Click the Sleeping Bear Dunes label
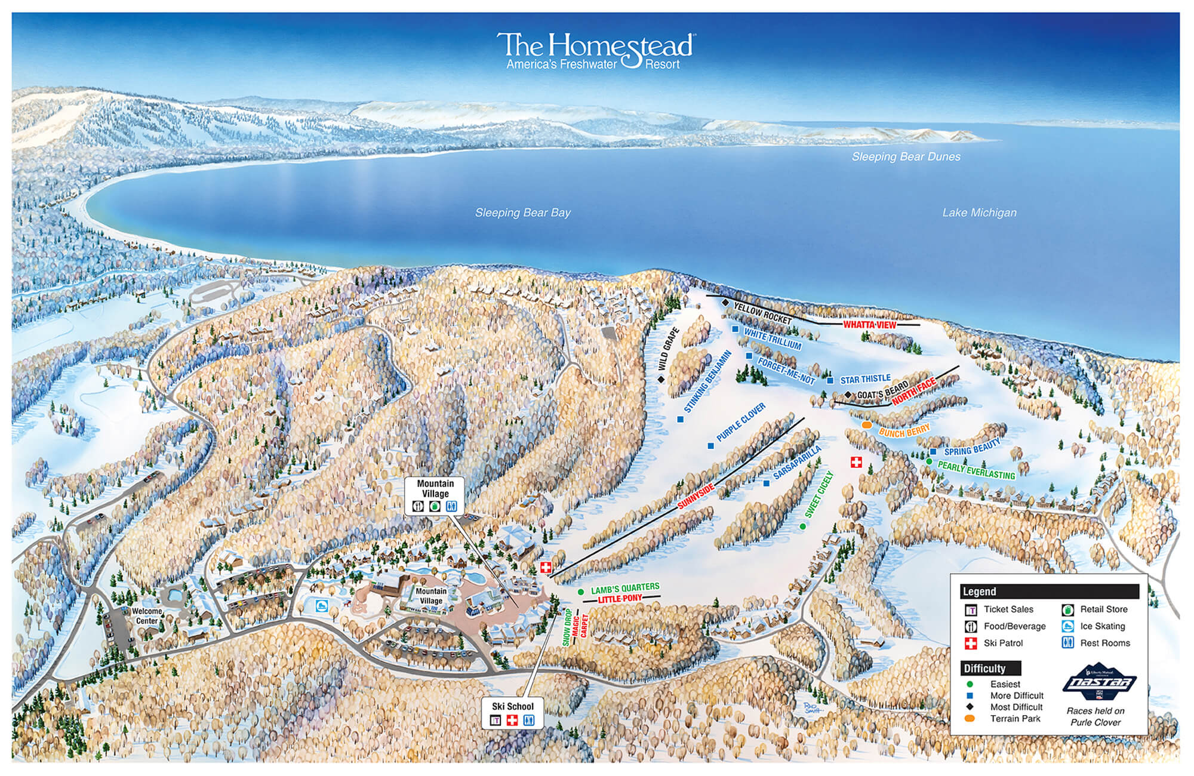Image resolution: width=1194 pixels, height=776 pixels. pyautogui.click(x=906, y=157)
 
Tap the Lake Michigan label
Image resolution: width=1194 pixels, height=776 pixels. pyautogui.click(x=979, y=213)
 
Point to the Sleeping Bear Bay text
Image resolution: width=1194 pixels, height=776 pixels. pyautogui.click(x=522, y=213)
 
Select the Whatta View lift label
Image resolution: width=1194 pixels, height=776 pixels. pyautogui.click(x=869, y=325)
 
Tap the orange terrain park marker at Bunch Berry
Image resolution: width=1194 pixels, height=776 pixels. pyautogui.click(x=867, y=424)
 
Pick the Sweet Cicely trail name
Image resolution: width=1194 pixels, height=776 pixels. pyautogui.click(x=818, y=494)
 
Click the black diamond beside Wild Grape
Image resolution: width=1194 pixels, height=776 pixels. pyautogui.click(x=661, y=379)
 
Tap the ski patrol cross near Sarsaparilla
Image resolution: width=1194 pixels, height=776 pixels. pyautogui.click(x=856, y=462)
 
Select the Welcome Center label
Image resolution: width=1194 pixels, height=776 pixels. pyautogui.click(x=147, y=616)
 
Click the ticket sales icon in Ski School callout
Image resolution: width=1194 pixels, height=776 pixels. pyautogui.click(x=495, y=720)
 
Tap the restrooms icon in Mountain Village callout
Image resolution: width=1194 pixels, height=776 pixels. pyautogui.click(x=452, y=506)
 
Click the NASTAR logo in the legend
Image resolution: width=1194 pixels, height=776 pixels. pyautogui.click(x=1099, y=682)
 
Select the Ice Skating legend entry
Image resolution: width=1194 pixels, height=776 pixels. pyautogui.click(x=1102, y=626)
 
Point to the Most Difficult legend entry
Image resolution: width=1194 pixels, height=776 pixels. pyautogui.click(x=1016, y=707)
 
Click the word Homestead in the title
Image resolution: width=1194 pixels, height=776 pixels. pyautogui.click(x=621, y=45)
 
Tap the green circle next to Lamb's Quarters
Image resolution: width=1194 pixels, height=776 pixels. pyautogui.click(x=580, y=592)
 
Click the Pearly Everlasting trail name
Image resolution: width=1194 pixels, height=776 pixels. pyautogui.click(x=976, y=470)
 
